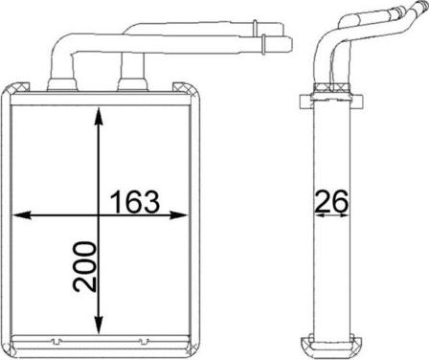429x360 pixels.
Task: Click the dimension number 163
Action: tap(134, 201)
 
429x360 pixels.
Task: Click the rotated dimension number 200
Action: tap(84, 267)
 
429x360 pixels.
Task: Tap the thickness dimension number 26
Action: tap(331, 201)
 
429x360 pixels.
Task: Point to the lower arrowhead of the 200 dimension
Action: tap(99, 323)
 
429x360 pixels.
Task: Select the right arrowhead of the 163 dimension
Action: tap(177, 215)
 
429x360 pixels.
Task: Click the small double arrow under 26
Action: tap(332, 215)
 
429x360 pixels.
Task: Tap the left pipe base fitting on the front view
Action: tap(62, 85)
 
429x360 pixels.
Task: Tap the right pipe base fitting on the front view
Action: tap(133, 84)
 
